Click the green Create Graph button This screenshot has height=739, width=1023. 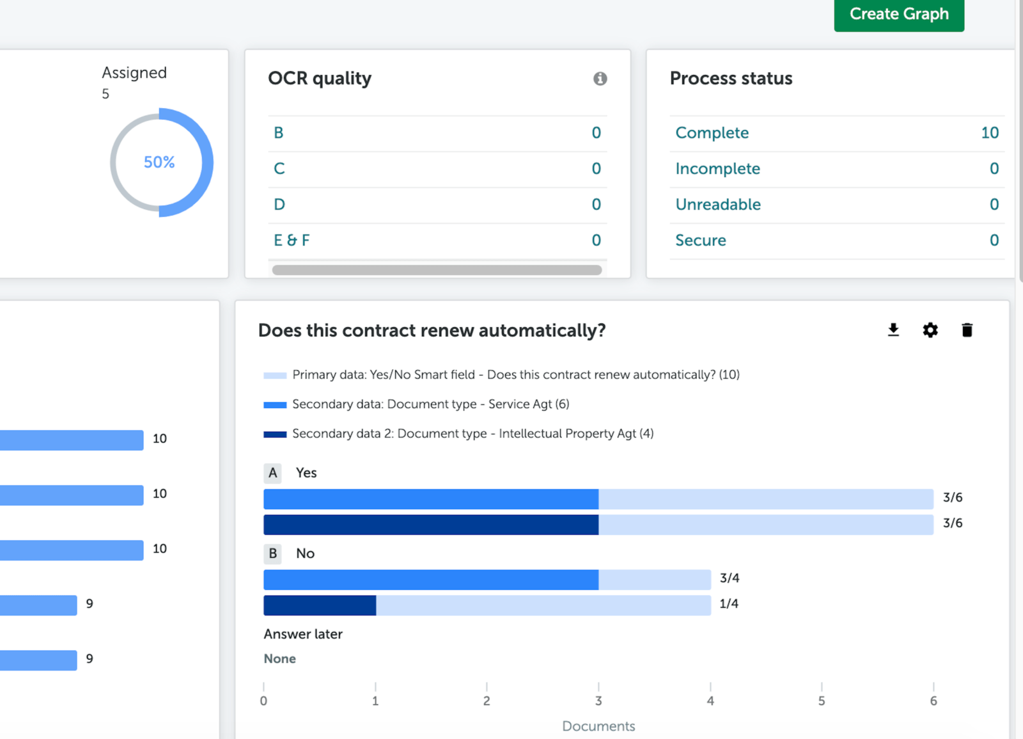point(898,14)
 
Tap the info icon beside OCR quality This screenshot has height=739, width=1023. point(600,79)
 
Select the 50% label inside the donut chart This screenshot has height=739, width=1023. point(159,163)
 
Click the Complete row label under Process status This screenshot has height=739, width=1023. point(712,133)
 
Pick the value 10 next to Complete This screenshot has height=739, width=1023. point(989,133)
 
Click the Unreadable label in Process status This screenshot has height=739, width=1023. point(717,205)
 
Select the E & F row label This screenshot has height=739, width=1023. point(292,241)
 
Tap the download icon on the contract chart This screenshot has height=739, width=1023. point(893,330)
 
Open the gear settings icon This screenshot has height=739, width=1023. point(930,330)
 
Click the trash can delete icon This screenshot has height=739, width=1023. point(967,330)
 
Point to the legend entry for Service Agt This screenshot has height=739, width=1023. point(430,404)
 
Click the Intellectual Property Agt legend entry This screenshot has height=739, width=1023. point(472,434)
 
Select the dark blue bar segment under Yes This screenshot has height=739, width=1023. point(430,525)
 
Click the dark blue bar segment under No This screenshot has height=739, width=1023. point(320,605)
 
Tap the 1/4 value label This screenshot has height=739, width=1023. point(729,604)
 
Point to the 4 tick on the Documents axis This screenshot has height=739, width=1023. point(710,701)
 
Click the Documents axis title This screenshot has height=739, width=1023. point(598,726)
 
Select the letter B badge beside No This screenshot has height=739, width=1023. point(273,553)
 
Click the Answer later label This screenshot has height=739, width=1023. point(303,634)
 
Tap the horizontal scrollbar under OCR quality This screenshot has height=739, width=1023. point(437,270)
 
